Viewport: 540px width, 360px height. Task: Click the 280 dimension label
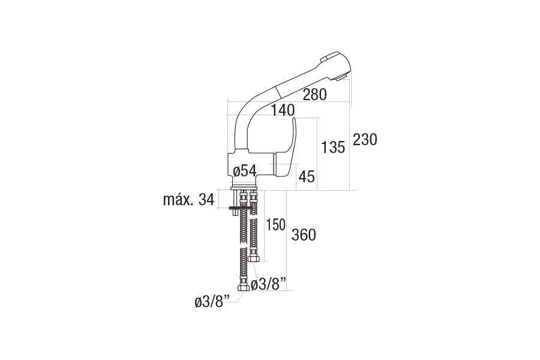[x=314, y=94]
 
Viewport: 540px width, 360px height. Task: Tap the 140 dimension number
[x=283, y=110]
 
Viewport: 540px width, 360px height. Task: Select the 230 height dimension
[x=365, y=140]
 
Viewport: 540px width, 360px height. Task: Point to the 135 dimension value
[x=332, y=147]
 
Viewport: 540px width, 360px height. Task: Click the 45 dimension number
[x=307, y=177]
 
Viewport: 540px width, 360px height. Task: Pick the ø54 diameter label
[x=245, y=171]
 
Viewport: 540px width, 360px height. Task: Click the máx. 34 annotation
[x=189, y=199]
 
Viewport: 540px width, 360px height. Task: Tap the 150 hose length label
[x=275, y=225]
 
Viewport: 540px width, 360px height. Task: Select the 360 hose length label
[x=304, y=235]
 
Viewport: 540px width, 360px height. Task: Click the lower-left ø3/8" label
[x=212, y=302]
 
